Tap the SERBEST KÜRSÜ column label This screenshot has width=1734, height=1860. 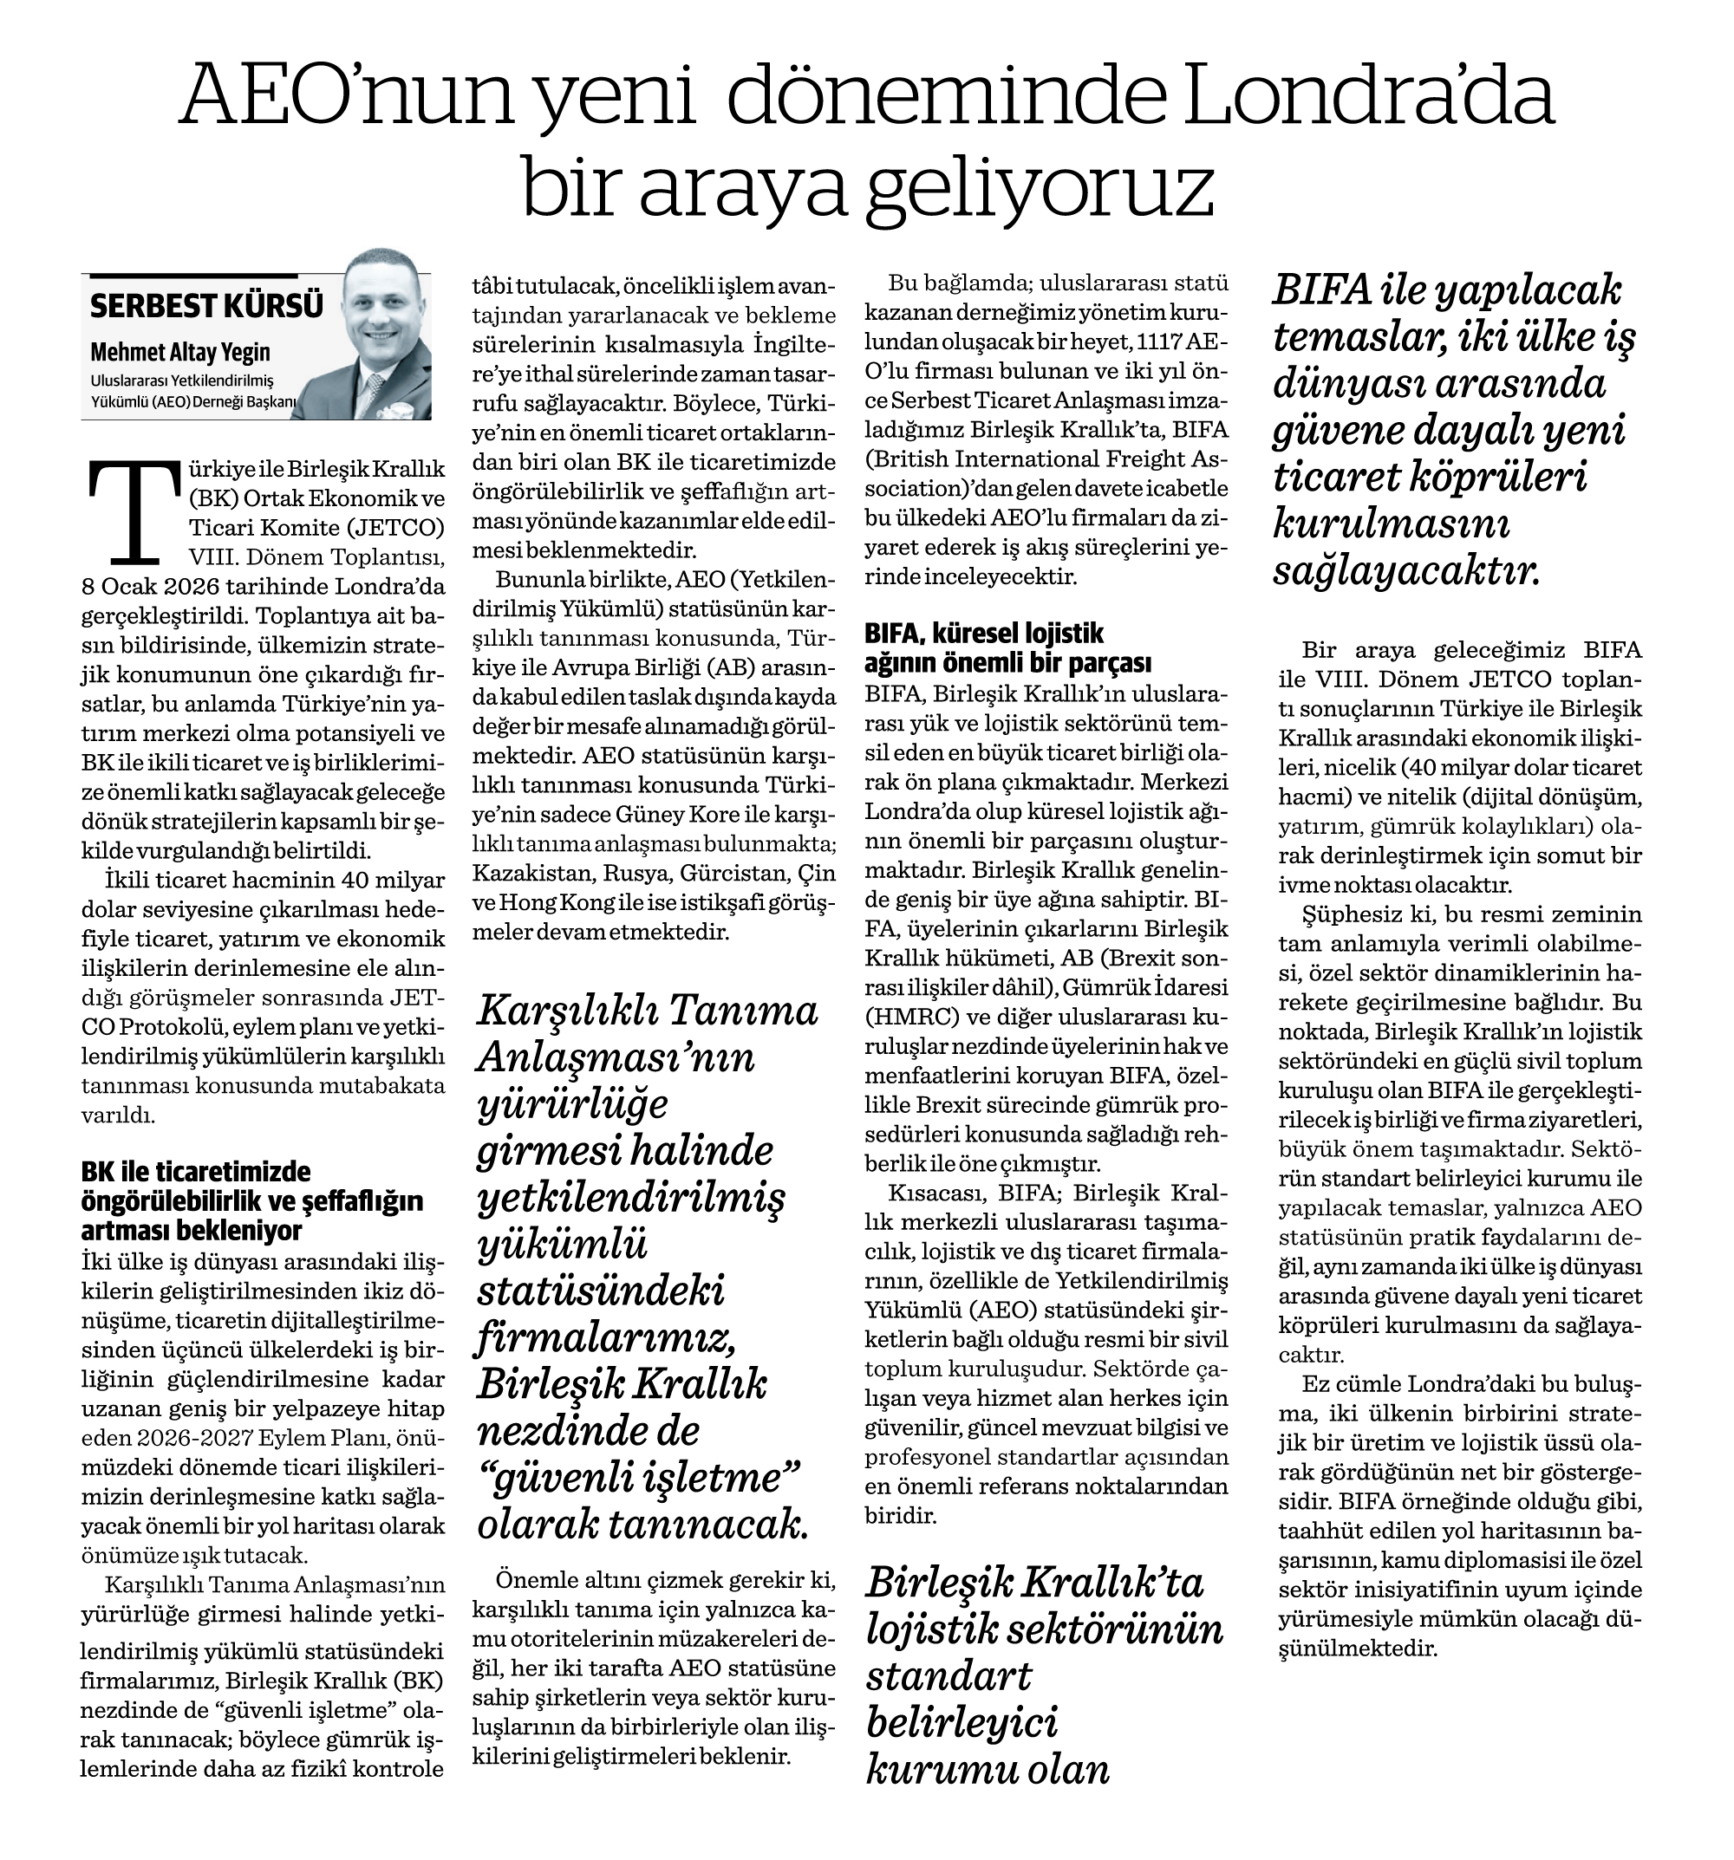click(207, 306)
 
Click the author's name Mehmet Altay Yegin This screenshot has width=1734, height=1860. click(179, 353)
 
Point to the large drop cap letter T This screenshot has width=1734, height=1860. click(131, 511)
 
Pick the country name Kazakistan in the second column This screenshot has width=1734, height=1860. click(523, 874)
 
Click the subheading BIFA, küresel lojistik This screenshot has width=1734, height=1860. click(983, 634)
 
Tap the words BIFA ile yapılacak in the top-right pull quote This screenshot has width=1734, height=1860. click(1446, 293)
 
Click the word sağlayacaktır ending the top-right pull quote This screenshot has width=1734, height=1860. click(1405, 572)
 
